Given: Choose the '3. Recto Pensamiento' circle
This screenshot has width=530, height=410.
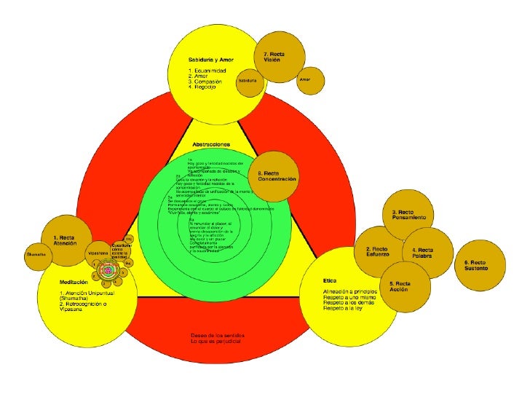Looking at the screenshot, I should pos(408,214).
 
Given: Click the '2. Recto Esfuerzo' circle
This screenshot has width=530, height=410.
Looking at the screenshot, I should pos(378,251).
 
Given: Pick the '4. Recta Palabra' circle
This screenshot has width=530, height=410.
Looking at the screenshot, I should pos(427,253).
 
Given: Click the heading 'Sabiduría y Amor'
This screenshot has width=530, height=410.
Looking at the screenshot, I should pos(210,58).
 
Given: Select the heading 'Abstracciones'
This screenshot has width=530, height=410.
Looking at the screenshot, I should pos(210,145).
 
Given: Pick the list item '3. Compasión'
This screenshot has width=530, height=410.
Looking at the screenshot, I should pos(207,81).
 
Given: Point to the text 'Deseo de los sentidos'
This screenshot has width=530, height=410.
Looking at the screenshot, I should pos(216,335).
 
